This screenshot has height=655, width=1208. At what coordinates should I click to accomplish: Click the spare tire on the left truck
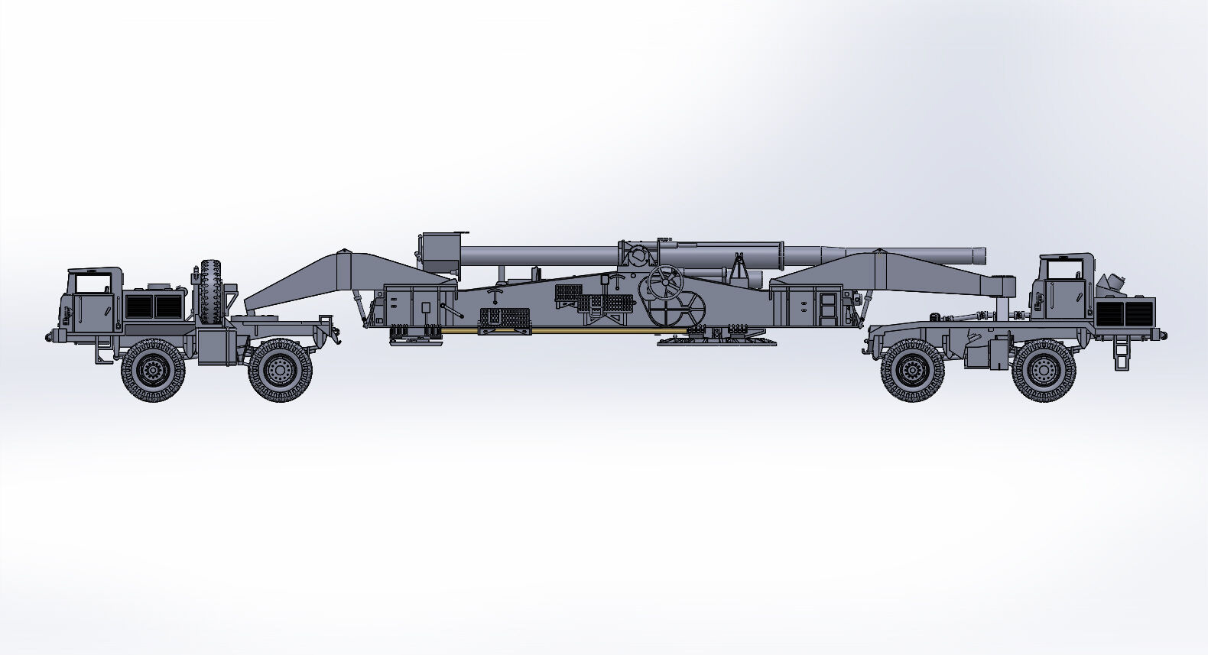(213, 294)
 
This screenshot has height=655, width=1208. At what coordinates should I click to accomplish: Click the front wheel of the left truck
(153, 371)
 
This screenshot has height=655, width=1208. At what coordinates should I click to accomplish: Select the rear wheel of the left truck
(281, 371)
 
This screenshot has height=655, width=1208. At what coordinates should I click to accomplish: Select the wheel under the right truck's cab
(1044, 371)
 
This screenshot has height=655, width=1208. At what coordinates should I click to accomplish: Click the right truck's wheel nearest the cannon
(911, 371)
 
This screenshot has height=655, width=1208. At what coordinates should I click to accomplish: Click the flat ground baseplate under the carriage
(715, 342)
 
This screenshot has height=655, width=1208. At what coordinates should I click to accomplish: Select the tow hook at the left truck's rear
(333, 332)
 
